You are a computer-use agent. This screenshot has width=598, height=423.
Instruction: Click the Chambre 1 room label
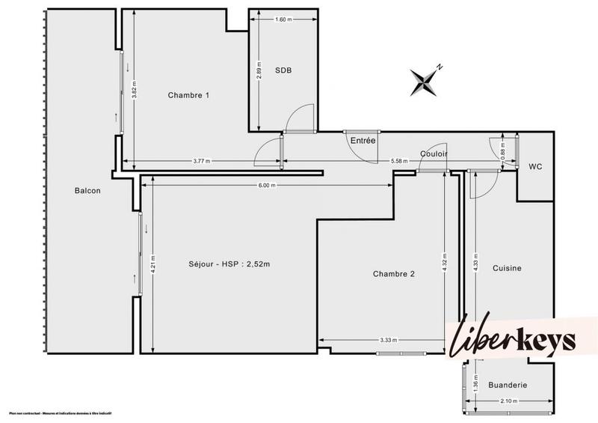click(x=188, y=95)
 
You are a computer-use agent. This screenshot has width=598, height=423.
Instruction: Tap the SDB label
click(x=283, y=70)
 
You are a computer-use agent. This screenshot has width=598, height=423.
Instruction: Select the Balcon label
click(x=87, y=190)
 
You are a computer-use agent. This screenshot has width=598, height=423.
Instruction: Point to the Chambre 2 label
click(x=393, y=273)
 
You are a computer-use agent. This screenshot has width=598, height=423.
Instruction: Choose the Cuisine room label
click(x=507, y=268)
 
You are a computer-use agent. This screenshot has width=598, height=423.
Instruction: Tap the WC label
click(x=535, y=166)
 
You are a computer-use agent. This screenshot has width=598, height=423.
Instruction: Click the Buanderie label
click(x=508, y=385)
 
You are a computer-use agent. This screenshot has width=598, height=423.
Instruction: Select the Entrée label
click(x=363, y=140)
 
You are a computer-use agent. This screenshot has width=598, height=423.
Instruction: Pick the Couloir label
click(x=434, y=153)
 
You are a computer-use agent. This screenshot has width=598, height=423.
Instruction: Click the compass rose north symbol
click(x=425, y=80)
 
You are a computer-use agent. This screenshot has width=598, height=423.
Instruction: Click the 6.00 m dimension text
click(x=268, y=186)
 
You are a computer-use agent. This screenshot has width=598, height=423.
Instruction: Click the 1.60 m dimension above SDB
click(x=283, y=19)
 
